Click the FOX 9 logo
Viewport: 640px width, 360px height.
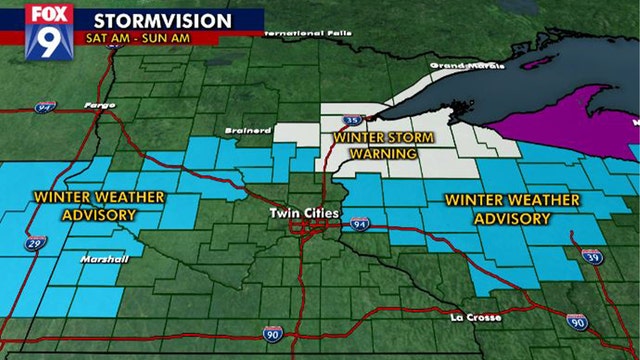[x=42, y=30]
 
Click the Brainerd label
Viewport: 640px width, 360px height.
[x=256, y=131]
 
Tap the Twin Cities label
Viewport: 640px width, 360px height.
[x=305, y=214]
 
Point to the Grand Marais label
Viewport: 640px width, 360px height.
[x=456, y=66]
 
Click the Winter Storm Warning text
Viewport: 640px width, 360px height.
[x=375, y=145]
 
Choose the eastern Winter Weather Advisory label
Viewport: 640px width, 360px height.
[x=512, y=209]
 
